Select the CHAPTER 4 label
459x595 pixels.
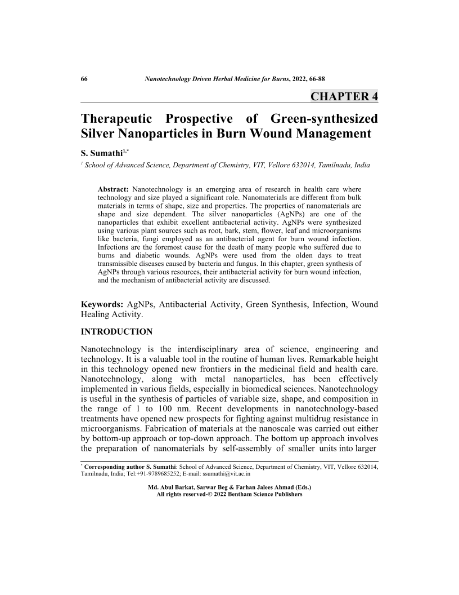(344, 96)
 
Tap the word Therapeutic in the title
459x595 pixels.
(116, 119)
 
